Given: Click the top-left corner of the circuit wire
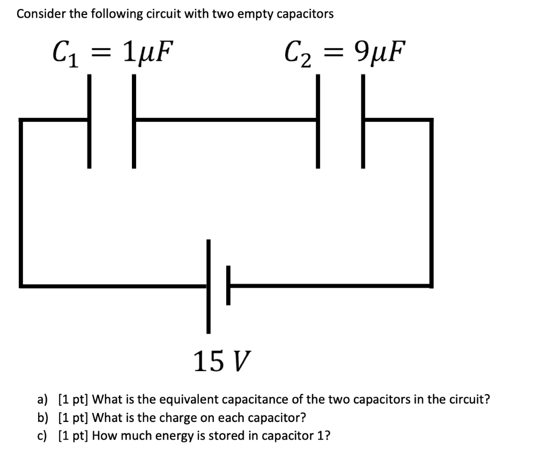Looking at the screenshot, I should pyautogui.click(x=21, y=121).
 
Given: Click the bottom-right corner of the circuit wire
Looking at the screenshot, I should pyautogui.click(x=430, y=285).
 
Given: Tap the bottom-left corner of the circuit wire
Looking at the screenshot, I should pyautogui.click(x=21, y=285).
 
